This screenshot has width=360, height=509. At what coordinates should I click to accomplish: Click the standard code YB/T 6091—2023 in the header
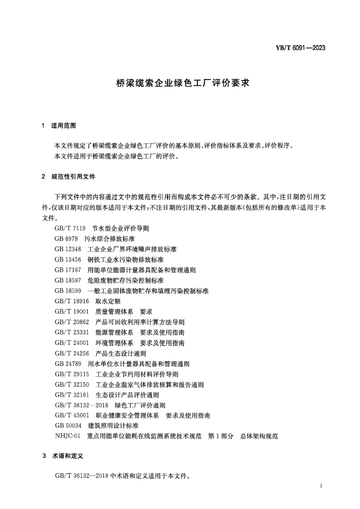(x=300, y=48)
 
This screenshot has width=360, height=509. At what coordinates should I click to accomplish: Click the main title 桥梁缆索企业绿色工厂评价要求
(x=180, y=84)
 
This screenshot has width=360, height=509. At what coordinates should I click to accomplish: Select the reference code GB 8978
(x=67, y=239)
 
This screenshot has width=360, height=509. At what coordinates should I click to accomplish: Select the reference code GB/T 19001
(x=72, y=312)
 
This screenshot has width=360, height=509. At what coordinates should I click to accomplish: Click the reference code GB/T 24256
(x=72, y=353)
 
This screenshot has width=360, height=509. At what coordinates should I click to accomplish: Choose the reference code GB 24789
(x=69, y=364)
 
